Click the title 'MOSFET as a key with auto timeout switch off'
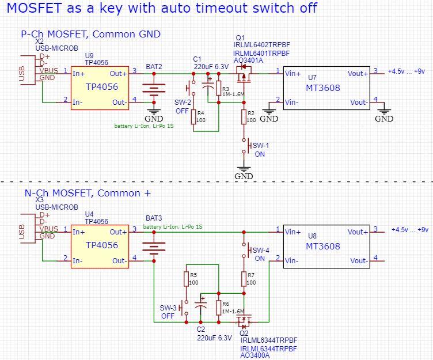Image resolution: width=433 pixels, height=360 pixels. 161,9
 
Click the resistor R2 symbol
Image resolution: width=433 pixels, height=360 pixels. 244,117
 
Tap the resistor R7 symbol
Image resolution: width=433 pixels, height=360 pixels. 244,279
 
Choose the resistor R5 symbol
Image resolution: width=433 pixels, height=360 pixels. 187,279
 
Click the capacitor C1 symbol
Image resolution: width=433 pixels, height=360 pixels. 206,88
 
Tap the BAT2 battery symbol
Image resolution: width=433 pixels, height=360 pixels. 153,89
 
